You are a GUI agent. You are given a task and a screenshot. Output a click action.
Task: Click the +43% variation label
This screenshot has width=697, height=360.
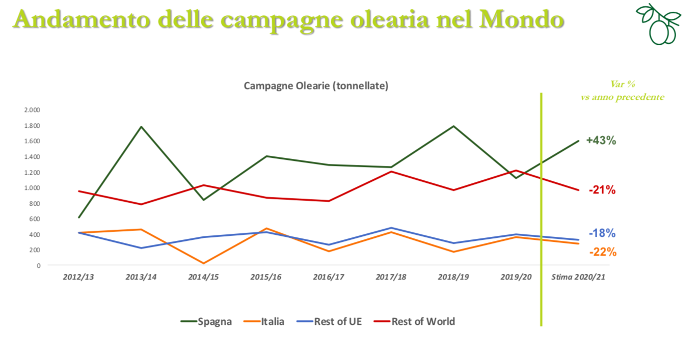coord(601,141)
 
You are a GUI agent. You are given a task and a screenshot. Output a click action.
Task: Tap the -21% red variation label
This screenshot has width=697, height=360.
coord(602,190)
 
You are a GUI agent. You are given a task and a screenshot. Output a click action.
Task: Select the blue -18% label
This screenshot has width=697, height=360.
coord(602,233)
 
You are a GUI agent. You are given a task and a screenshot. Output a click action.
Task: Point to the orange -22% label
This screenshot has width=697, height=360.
coord(602,252)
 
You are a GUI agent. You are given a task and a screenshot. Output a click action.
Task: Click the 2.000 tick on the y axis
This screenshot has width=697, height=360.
coord(32,110)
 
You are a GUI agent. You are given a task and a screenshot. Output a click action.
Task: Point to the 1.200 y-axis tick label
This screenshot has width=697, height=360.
coord(32,172)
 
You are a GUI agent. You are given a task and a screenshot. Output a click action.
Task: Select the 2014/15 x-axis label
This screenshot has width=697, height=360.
coord(204,278)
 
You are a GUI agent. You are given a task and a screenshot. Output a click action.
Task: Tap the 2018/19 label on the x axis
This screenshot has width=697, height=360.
coord(453,278)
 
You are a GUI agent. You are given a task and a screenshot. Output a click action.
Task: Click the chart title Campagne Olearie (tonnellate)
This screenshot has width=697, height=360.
coord(316,86)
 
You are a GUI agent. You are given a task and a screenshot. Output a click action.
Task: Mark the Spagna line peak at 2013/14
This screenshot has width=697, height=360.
coord(141,127)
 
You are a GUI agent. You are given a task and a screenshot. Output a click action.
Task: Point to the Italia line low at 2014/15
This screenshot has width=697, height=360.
coord(204,263)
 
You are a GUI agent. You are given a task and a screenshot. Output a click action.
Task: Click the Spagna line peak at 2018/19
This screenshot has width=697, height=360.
coord(453,126)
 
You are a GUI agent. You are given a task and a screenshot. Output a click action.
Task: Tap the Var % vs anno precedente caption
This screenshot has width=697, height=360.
coord(623,91)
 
